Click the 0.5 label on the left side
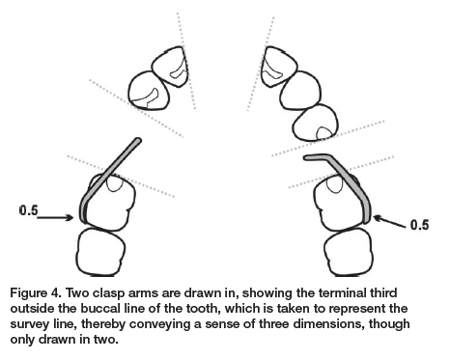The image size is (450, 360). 29,210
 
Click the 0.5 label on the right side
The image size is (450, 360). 420,225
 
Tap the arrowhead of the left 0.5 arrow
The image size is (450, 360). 70,218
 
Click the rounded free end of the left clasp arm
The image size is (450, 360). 138,141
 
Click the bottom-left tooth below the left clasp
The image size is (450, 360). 100,252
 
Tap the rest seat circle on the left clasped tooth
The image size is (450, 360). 114,184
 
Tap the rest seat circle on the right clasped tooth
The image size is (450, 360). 335,184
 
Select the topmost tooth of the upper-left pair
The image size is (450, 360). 169,67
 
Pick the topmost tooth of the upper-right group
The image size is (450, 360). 279,67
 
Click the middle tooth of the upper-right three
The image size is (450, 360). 300,91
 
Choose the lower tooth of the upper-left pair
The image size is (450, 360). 149,91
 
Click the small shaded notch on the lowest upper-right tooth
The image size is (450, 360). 324,133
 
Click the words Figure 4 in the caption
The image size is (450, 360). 35,293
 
